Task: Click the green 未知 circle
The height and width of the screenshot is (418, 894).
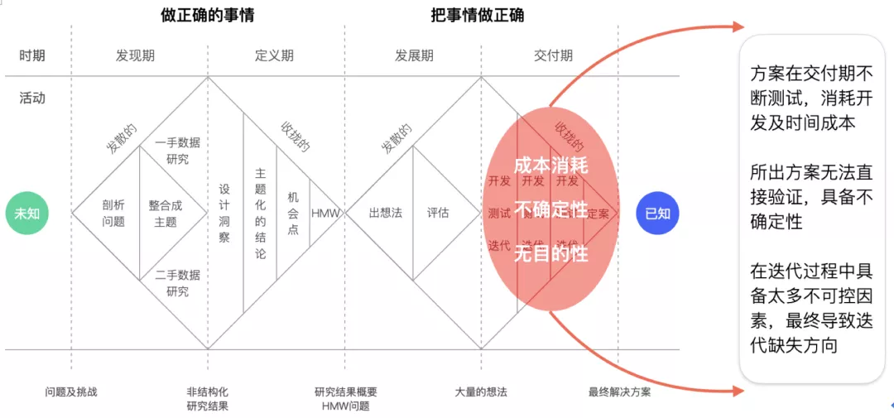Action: (x=27, y=213)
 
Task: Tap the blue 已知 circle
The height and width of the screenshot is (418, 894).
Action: (x=657, y=213)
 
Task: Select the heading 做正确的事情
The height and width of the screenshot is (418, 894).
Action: (x=208, y=15)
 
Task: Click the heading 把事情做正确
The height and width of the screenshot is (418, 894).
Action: (x=478, y=15)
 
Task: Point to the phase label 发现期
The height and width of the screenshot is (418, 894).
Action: (x=135, y=56)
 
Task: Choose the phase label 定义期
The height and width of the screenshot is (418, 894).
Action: (x=274, y=56)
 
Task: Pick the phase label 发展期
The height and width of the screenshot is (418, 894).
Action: (x=414, y=56)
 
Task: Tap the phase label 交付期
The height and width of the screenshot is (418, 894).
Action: (x=553, y=56)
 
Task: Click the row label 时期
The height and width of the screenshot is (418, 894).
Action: (x=32, y=56)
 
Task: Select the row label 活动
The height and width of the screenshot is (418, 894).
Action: (x=32, y=98)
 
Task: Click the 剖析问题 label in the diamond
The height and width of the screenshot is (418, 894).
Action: (x=113, y=213)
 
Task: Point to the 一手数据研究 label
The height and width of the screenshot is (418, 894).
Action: (x=177, y=151)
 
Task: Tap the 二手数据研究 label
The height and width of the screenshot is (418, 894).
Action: (x=177, y=283)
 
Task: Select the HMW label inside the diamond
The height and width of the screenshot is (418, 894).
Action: (x=325, y=213)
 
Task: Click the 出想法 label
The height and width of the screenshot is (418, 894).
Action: (x=385, y=213)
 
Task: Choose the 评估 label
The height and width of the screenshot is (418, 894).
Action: (x=438, y=213)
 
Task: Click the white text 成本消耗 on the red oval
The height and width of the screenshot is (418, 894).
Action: (x=550, y=166)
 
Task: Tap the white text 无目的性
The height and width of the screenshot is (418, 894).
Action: (x=550, y=253)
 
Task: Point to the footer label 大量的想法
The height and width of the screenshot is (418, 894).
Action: (x=481, y=392)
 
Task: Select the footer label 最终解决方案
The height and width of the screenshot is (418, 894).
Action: (x=619, y=392)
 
